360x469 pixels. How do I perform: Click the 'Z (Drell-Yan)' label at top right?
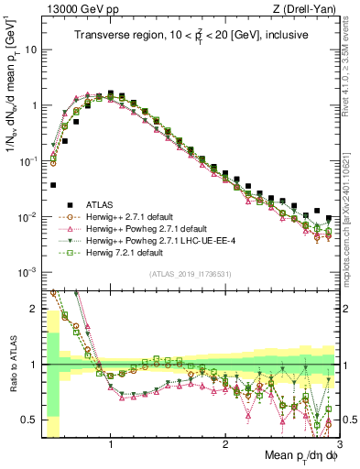point(312,8)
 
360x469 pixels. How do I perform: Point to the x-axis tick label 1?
point(111,442)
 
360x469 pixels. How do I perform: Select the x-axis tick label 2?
point(225,442)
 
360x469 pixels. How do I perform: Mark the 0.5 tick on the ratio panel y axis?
point(32,420)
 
